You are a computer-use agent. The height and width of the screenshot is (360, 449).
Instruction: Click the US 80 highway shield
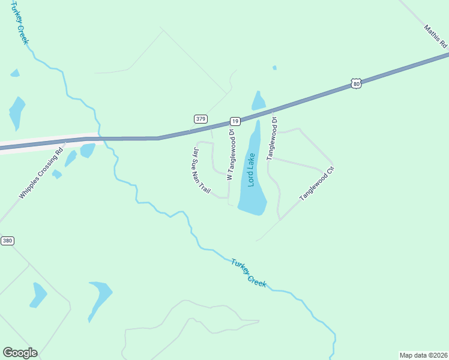point(357,85)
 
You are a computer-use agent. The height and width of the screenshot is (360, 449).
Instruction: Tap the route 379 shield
point(200,119)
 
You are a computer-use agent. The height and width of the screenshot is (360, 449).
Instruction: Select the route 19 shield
point(235,121)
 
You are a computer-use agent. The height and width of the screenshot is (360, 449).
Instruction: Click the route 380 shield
point(7,241)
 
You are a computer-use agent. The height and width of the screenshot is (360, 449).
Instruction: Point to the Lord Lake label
point(252,170)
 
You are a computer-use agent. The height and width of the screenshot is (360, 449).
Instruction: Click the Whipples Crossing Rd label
point(41,173)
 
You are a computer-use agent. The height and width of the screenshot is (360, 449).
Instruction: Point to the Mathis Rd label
point(435,36)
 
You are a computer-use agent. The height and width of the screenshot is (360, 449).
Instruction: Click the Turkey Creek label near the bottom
point(249,272)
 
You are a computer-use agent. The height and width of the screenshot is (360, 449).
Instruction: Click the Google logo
point(20,353)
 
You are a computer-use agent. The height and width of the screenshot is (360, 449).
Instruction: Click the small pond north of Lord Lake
point(259,101)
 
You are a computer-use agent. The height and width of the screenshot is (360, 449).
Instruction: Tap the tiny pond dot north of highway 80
point(274,68)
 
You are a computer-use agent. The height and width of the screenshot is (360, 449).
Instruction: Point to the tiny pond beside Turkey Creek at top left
point(14,73)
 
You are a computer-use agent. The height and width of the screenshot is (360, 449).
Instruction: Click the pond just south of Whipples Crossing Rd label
point(57,174)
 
